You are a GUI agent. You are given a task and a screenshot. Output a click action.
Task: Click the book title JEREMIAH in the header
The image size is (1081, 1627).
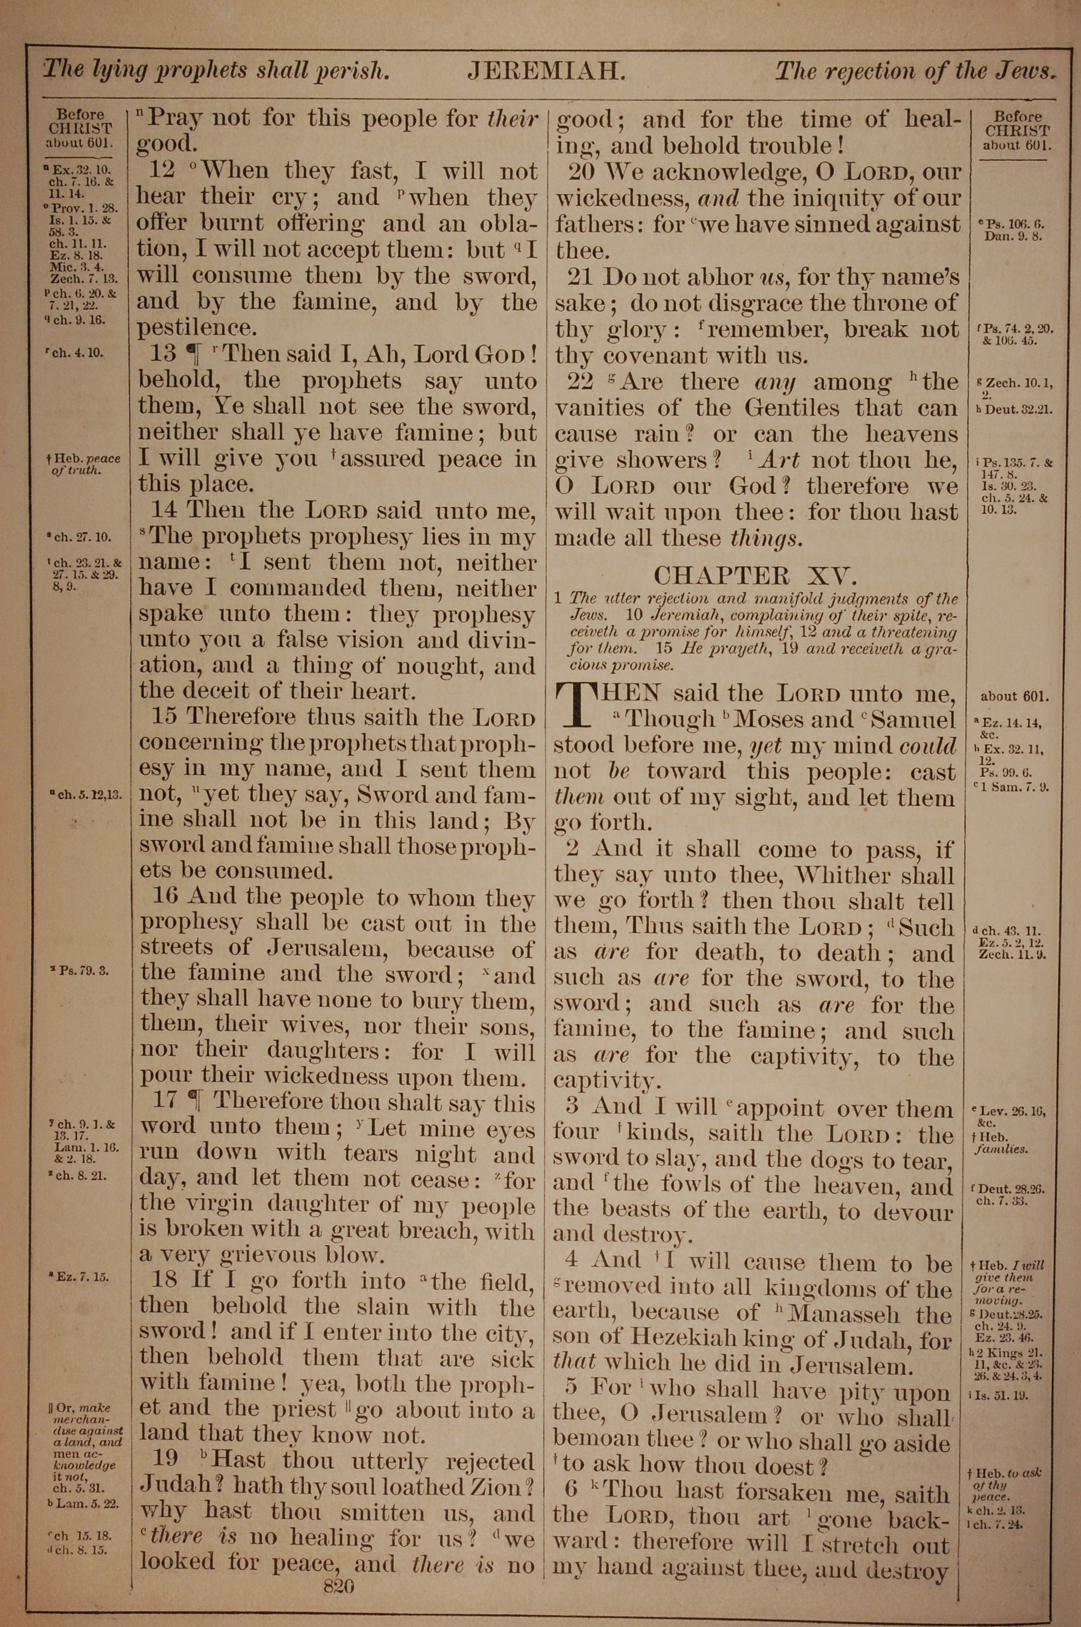546,71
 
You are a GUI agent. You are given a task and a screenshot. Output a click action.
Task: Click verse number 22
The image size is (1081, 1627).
581,381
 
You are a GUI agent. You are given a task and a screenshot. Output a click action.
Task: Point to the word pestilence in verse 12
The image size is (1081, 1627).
195,328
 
